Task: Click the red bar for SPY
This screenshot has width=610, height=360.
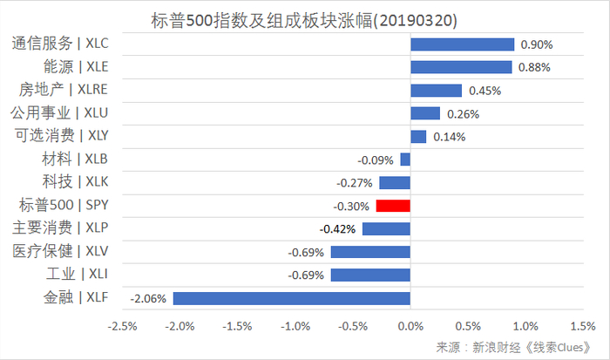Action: (393, 206)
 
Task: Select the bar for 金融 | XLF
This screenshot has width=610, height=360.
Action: (292, 298)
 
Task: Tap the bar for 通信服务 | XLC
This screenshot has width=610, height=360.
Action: (462, 44)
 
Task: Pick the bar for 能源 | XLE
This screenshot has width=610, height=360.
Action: (461, 67)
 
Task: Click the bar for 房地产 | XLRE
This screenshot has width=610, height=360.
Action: (436, 90)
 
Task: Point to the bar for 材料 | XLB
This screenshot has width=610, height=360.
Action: (405, 160)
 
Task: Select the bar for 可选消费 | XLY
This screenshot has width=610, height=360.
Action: (418, 136)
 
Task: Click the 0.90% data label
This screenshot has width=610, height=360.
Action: (536, 44)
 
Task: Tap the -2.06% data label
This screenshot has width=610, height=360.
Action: (148, 298)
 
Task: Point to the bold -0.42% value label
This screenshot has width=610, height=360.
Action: (339, 229)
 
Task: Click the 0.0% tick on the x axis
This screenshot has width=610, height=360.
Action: (410, 327)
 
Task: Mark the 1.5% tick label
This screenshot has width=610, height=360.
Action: (581, 327)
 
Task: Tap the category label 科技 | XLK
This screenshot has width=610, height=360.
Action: (75, 182)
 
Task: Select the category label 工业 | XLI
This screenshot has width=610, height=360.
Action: (75, 275)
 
